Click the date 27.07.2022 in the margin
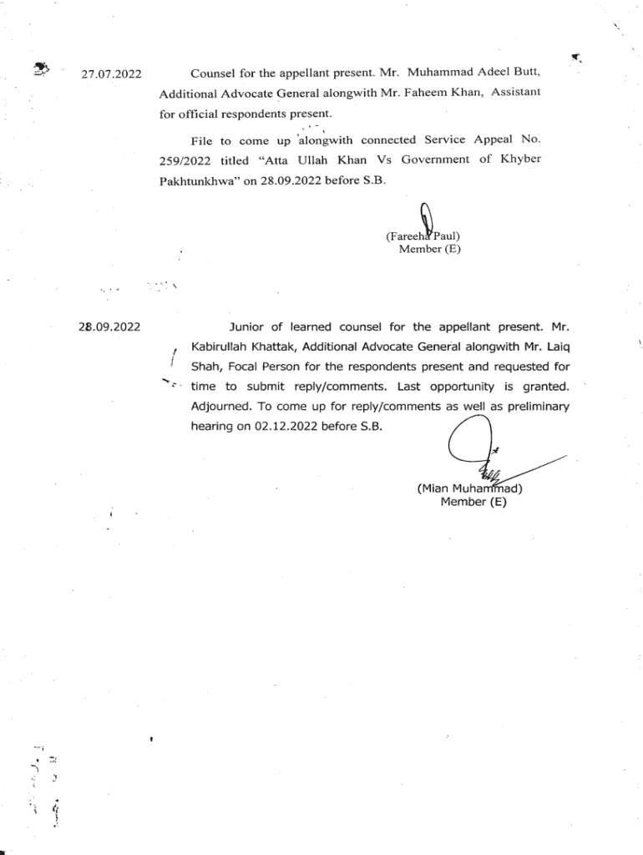111,75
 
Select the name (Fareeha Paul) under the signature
423,236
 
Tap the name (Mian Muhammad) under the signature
469,488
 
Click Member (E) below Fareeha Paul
429,249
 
